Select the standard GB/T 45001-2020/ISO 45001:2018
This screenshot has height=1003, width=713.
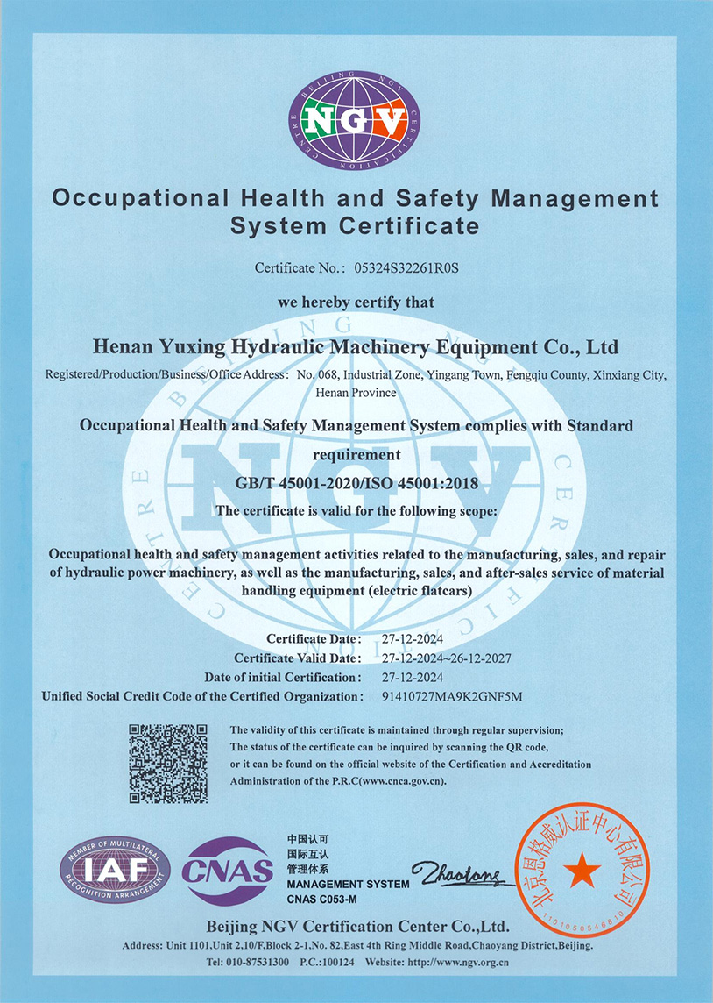click(356, 482)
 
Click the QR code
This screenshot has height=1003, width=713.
click(168, 763)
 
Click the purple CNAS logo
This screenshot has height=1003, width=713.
click(227, 871)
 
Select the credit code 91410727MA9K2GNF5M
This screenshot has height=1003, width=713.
click(452, 696)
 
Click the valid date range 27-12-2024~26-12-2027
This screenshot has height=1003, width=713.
click(447, 658)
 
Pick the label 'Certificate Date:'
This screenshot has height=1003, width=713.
click(314, 638)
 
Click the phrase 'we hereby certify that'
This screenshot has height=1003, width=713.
click(356, 302)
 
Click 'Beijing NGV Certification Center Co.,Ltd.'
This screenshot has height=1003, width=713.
click(356, 927)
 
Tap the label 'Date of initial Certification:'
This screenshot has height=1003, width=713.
click(282, 677)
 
